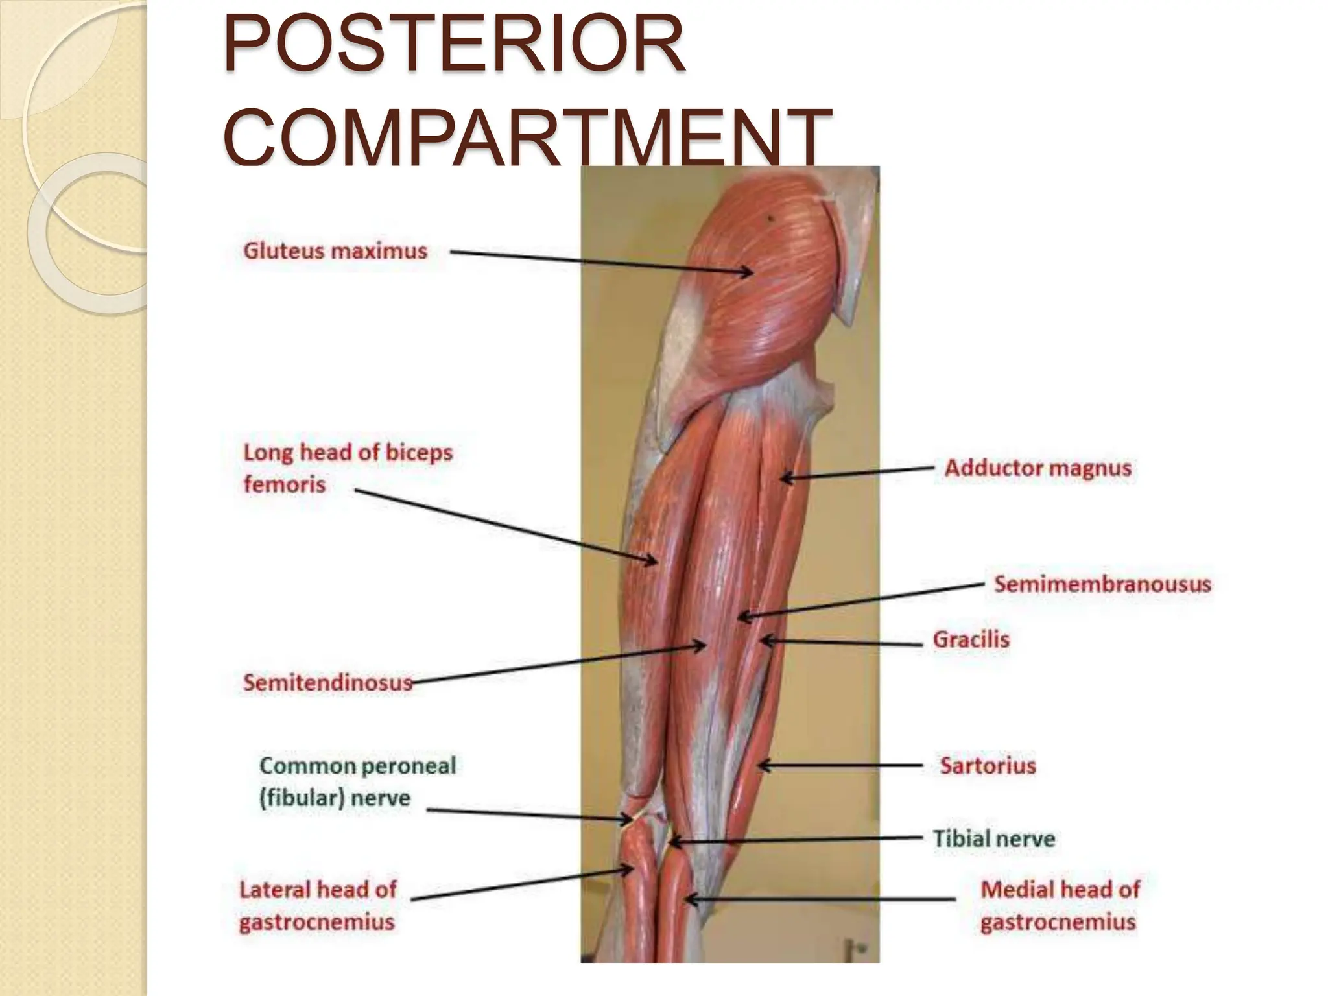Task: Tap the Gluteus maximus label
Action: coord(335,251)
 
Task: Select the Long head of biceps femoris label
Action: coord(348,468)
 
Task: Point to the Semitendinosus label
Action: coord(327,682)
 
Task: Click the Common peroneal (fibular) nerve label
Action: coord(357,781)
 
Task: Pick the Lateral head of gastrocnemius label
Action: coord(318,905)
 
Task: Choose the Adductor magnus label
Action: coord(1037,468)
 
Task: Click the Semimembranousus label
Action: coord(1102,584)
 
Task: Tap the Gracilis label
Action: coord(971,639)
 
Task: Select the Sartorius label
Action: coord(988,765)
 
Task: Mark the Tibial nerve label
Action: coord(993,838)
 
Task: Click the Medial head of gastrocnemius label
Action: coord(1060,905)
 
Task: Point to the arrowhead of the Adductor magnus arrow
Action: coord(783,479)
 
